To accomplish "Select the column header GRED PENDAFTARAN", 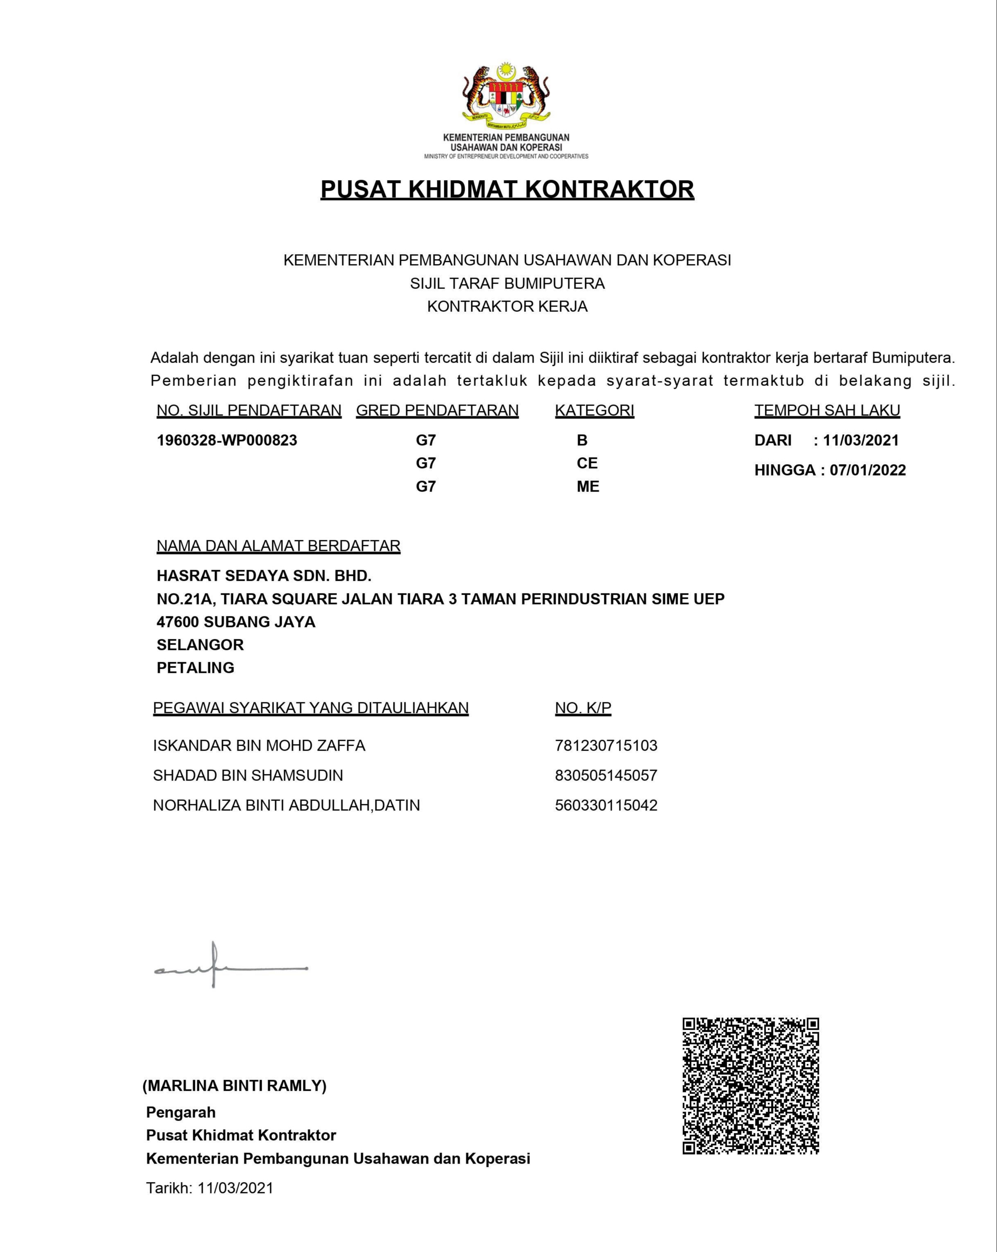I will click(x=437, y=411).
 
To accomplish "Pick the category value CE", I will click(x=587, y=463).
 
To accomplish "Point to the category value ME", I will click(x=588, y=486).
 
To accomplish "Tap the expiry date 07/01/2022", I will click(x=868, y=470).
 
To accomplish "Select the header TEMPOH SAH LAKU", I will click(x=827, y=411).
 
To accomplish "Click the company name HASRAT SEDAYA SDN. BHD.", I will click(x=264, y=575).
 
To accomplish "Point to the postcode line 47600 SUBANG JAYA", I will click(x=236, y=622).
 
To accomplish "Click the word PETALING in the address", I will click(x=195, y=668).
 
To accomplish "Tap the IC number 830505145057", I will click(x=606, y=775).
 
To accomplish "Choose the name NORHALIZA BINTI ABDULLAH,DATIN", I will click(x=286, y=805).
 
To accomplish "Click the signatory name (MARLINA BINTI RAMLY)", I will click(x=235, y=1085).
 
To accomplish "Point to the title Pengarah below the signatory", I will click(x=181, y=1112).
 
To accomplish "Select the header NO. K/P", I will click(x=583, y=708).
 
